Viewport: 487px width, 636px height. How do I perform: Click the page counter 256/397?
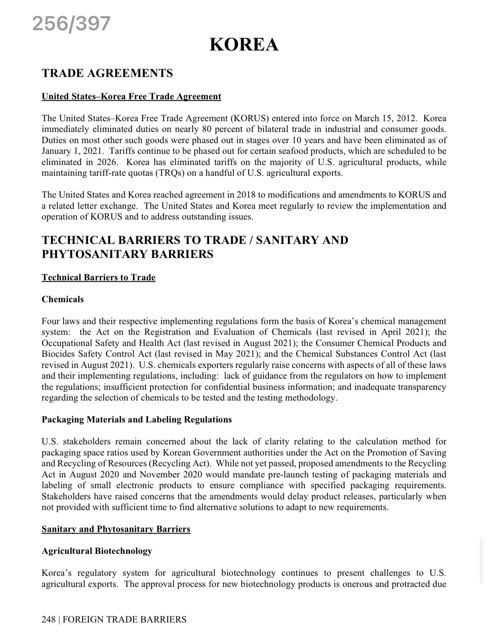point(71,24)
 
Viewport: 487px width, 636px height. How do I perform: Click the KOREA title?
point(244,45)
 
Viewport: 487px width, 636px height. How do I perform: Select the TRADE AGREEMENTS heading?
point(107,73)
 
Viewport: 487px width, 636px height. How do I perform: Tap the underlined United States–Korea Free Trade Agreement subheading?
point(131,96)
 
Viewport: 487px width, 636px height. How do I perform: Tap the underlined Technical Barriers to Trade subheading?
point(98,277)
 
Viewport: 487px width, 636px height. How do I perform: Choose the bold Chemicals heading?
point(62,299)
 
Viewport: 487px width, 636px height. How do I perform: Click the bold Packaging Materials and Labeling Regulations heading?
point(137,419)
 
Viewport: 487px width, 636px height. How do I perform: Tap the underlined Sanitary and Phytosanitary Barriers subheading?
point(116,529)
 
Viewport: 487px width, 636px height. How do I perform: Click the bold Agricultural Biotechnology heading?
point(97,551)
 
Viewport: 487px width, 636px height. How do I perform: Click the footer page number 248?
point(48,619)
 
